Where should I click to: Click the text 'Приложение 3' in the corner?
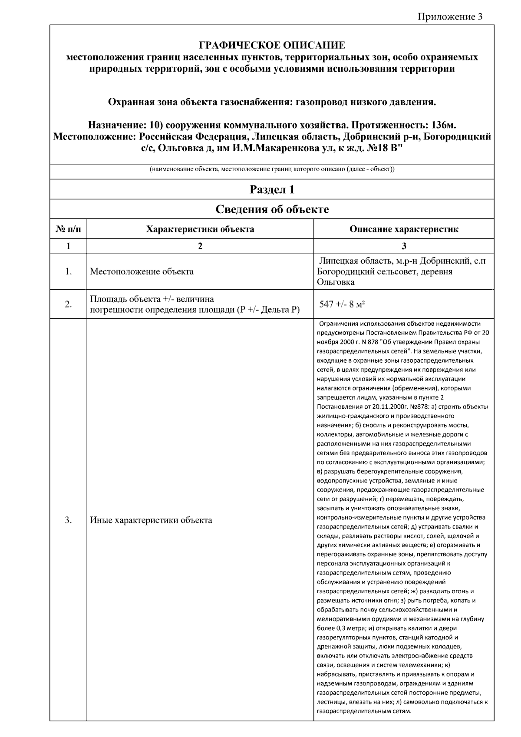[450, 17]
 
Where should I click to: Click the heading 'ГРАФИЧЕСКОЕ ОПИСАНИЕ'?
[272, 45]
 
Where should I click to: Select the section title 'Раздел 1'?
[272, 190]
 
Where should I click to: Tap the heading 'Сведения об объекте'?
[272, 209]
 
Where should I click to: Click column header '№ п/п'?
[68, 229]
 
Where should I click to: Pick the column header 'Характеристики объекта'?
[200, 229]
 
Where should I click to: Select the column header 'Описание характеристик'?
[404, 229]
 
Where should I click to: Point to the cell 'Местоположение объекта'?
[142, 272]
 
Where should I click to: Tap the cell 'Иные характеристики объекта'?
[151, 520]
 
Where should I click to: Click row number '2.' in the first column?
[68, 304]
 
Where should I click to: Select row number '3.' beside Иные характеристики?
[68, 520]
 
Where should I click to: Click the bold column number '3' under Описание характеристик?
[404, 246]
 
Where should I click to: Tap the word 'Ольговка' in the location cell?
[335, 282]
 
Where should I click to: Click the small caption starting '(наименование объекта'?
[272, 169]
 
